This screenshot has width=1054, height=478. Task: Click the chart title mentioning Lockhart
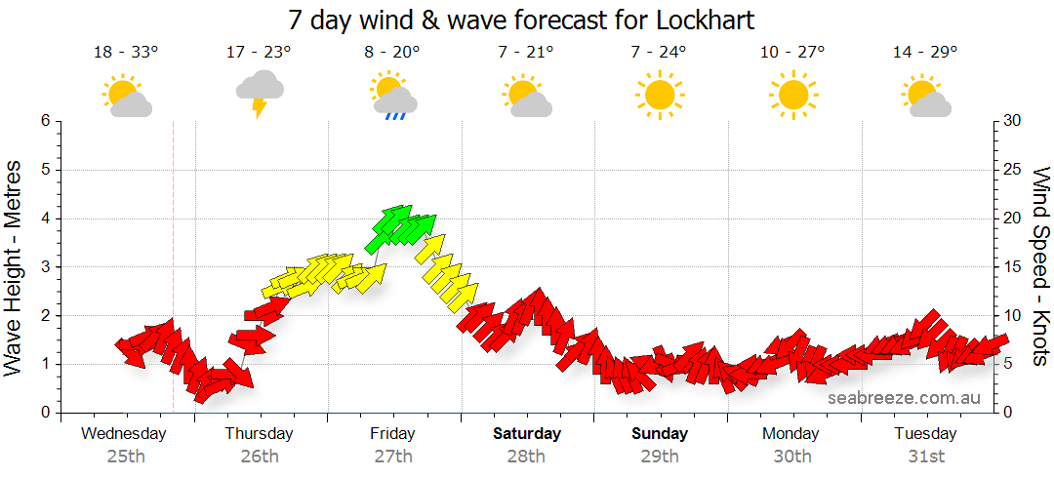521,20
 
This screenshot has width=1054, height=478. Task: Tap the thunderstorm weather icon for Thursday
260,94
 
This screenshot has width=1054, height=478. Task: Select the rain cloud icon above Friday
393,96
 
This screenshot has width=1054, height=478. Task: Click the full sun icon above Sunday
659,95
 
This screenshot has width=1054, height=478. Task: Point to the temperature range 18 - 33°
126,53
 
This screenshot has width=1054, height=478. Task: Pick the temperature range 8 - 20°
392,53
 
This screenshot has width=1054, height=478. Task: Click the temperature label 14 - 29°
924,53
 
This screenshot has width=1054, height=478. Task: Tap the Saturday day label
527,433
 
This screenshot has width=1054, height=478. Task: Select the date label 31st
925,456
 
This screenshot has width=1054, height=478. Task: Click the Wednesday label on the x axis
124,433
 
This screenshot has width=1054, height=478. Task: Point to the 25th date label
126,456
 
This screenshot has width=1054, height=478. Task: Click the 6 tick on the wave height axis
44,121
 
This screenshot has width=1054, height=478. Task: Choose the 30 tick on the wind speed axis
1014,121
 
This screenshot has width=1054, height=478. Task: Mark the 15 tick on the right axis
1014,267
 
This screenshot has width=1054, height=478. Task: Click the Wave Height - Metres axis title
15,267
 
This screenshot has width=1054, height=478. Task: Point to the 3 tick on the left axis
44,267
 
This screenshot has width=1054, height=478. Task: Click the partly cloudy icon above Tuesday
925,96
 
